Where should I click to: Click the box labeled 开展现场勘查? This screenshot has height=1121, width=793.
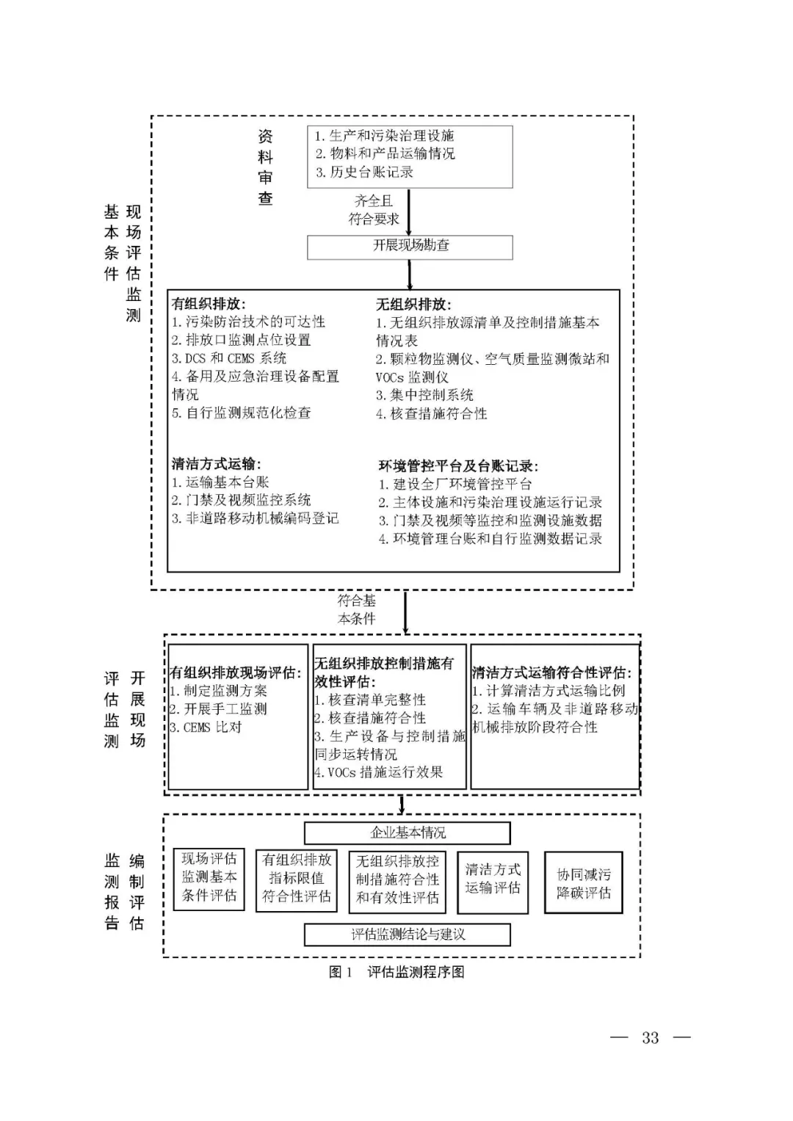[x=410, y=247]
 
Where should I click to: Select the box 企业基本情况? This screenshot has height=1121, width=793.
[x=408, y=833]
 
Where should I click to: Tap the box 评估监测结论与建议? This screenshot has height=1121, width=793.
[x=408, y=935]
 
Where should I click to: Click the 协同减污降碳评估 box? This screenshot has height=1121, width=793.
[x=583, y=883]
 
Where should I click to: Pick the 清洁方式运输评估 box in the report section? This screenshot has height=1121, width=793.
[x=493, y=879]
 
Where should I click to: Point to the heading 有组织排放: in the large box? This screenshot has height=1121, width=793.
[x=209, y=304]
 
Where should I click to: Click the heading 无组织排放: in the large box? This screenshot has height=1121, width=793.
[x=413, y=304]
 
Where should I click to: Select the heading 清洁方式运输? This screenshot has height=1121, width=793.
[x=216, y=464]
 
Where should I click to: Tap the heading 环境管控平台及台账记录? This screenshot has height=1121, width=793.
[x=458, y=466]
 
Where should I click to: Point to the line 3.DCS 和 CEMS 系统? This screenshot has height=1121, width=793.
[x=229, y=358]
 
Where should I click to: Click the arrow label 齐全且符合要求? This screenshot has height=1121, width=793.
[x=374, y=210]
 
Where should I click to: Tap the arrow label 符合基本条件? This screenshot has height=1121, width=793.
[x=357, y=609]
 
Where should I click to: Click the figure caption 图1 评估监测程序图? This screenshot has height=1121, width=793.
[x=396, y=972]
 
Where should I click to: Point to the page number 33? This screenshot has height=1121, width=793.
[x=651, y=1037]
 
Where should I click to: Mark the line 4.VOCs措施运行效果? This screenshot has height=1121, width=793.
[x=379, y=772]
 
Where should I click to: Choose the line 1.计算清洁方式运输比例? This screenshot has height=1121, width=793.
[x=548, y=691]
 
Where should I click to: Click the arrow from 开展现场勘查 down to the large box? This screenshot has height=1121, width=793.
[x=410, y=275]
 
